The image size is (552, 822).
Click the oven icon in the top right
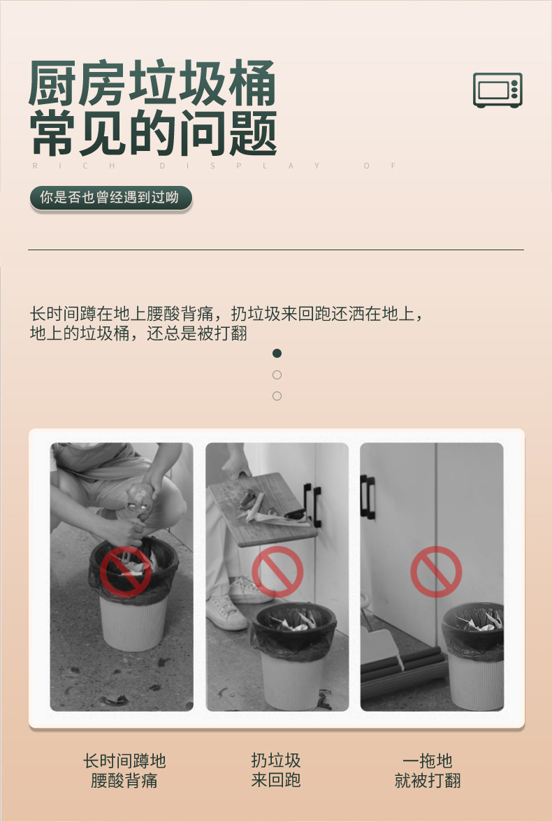click(497, 90)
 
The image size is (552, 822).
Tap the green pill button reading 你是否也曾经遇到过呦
click(110, 198)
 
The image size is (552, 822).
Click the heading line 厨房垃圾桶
click(152, 84)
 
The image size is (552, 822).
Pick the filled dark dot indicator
click(277, 354)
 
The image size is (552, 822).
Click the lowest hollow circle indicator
click(277, 396)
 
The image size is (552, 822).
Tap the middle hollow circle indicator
click(277, 375)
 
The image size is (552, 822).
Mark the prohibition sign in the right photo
click(436, 572)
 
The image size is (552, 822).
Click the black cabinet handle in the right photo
click(368, 497)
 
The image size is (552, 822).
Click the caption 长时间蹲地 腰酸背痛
click(124, 770)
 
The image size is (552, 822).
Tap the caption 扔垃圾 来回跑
click(276, 770)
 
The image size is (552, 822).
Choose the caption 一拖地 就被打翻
click(428, 770)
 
